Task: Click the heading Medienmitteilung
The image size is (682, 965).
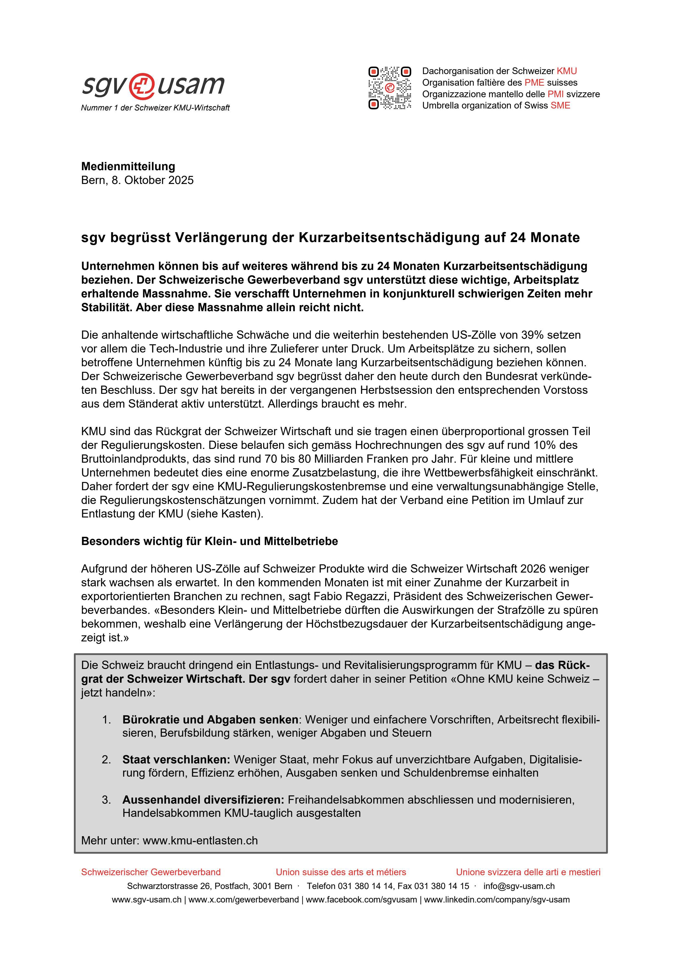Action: click(x=128, y=166)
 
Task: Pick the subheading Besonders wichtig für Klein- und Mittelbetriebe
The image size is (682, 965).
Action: click(x=209, y=541)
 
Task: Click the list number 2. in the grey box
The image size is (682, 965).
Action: click(x=106, y=760)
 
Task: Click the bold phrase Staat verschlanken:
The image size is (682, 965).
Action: click(x=176, y=760)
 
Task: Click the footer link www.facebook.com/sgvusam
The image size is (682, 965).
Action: click(x=361, y=900)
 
